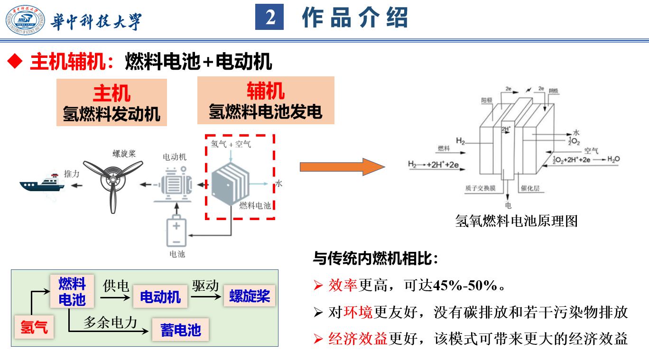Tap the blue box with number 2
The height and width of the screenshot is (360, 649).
coord(269,18)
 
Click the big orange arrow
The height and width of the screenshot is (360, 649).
coord(342,167)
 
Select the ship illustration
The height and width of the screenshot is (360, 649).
coord(42,183)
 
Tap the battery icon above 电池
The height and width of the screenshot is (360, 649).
coord(176,232)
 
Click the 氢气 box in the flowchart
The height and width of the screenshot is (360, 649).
coord(34,327)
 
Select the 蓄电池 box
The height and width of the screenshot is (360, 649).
coord(180,330)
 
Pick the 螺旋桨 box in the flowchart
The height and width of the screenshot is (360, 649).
coord(250,296)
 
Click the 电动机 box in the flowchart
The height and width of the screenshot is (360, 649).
coord(160,297)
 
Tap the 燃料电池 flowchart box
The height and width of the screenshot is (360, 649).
coord(72,291)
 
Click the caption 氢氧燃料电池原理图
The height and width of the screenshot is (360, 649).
coord(517,221)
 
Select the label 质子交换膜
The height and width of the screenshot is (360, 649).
coord(481,188)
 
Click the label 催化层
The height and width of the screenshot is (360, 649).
coord(530,188)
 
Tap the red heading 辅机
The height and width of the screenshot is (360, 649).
coord(266,91)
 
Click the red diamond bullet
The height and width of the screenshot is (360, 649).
coord(16,61)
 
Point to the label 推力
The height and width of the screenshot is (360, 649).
coord(72,174)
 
